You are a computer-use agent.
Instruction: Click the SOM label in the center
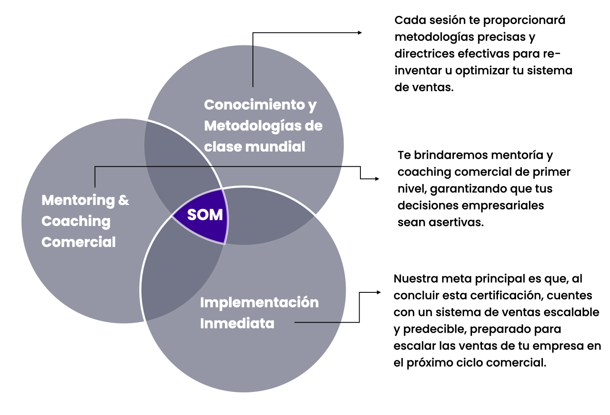(205, 215)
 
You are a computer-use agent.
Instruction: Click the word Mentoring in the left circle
(78, 200)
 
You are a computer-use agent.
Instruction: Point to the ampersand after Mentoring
(123, 200)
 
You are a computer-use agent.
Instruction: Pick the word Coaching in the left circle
(76, 221)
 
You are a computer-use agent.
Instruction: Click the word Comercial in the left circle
(78, 242)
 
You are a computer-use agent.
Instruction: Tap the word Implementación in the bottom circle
(259, 303)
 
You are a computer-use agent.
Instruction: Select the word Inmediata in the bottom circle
(237, 324)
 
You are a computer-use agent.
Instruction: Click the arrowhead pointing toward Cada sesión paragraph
(360, 33)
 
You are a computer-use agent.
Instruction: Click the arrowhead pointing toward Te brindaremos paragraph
(377, 179)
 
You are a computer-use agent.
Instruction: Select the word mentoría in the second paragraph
(517, 155)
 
